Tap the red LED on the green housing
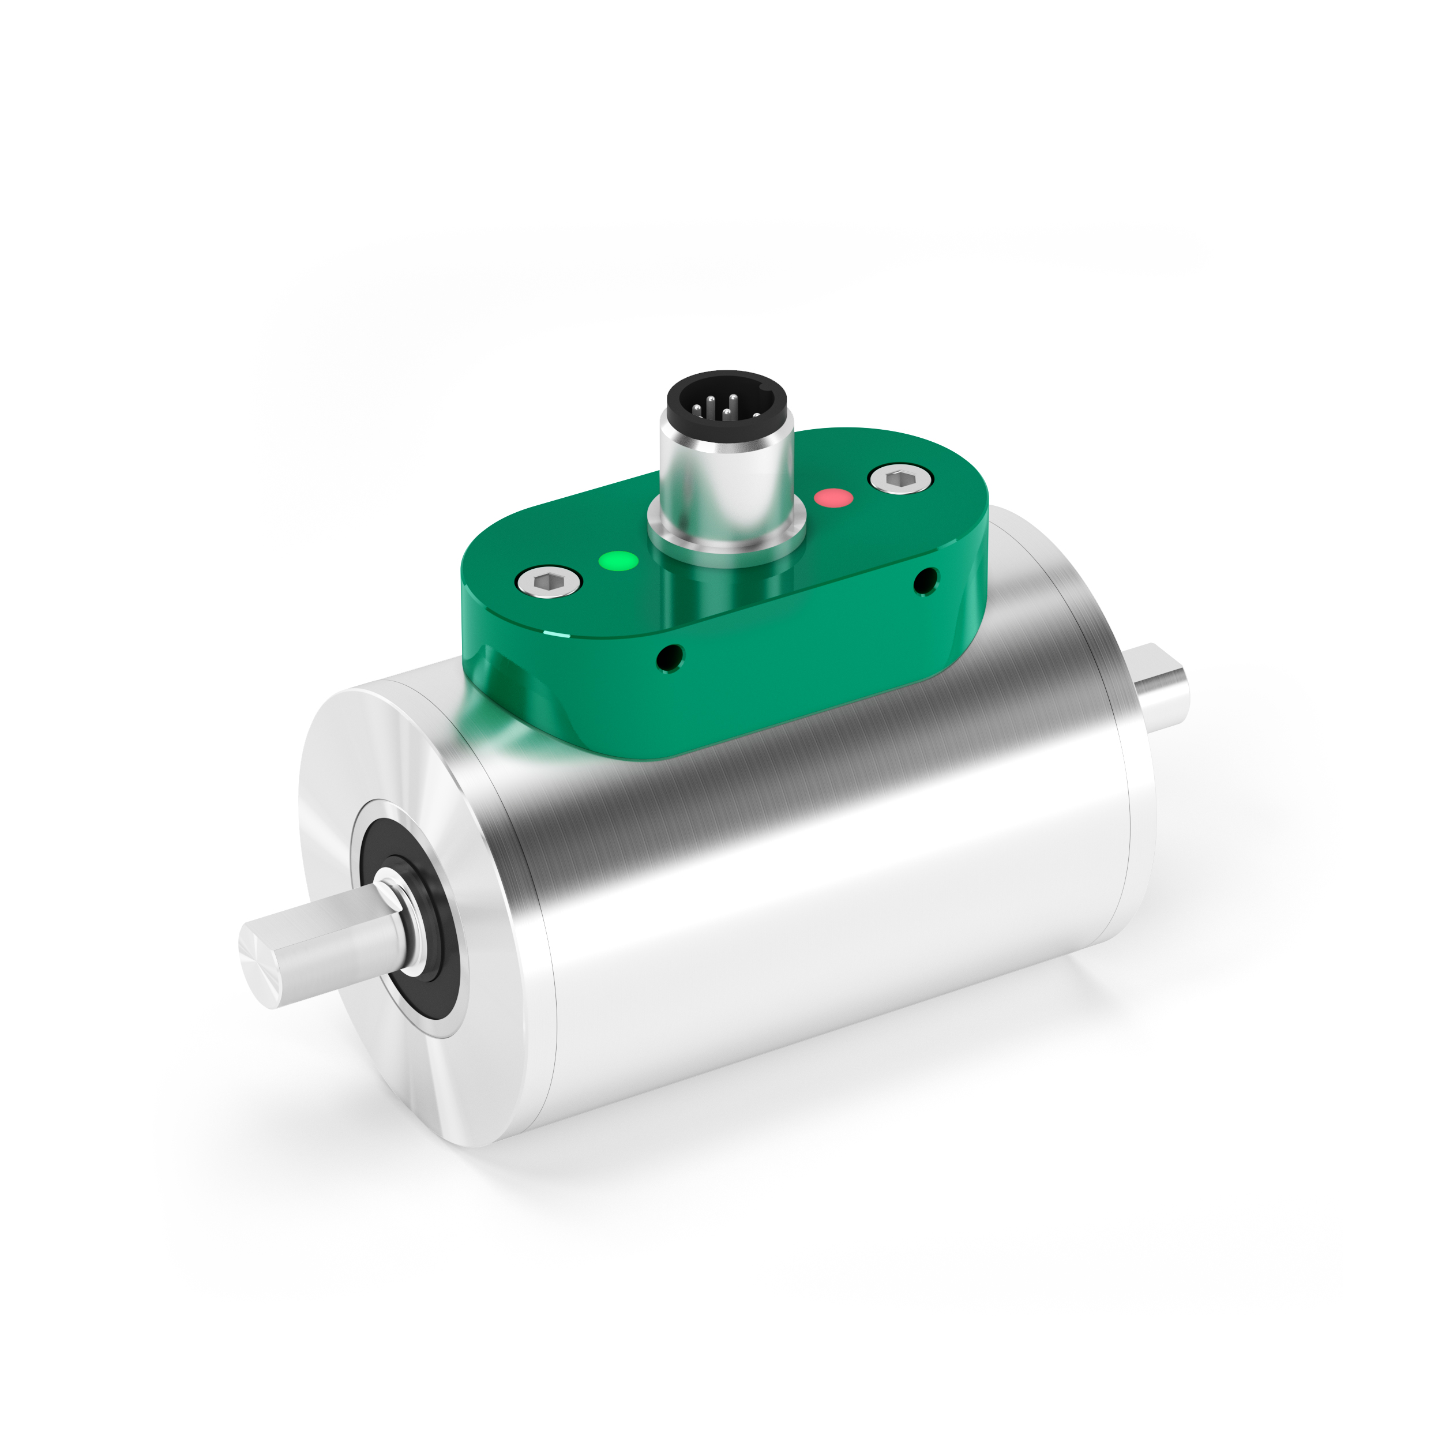(x=833, y=497)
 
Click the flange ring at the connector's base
(x=726, y=534)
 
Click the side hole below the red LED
(x=926, y=580)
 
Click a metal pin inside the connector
(x=710, y=407)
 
